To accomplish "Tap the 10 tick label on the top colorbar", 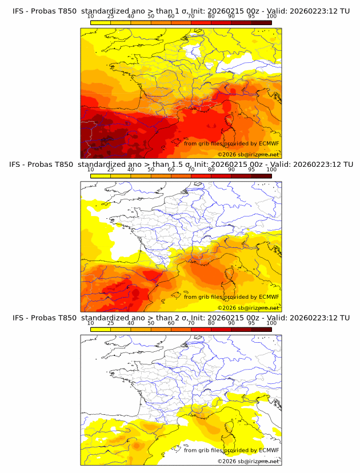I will [90, 17].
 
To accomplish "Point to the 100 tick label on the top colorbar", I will [271, 17].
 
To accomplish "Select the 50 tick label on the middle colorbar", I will [151, 170].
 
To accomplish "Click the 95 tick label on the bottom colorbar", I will [251, 323].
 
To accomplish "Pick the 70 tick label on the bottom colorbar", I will [191, 323].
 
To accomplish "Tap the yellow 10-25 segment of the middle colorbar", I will [101, 175].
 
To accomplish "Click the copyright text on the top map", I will [248, 154].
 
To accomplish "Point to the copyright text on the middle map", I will [248, 307].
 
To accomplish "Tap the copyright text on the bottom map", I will [248, 460].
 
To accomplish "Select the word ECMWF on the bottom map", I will [269, 450].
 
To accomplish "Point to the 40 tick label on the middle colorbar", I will [131, 170].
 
